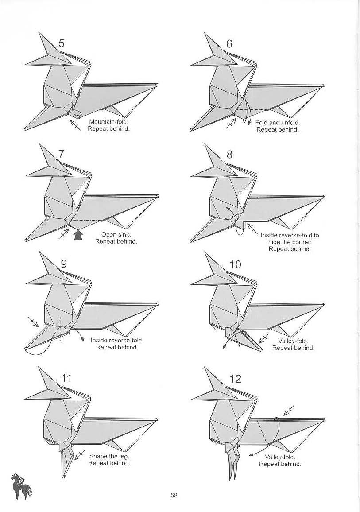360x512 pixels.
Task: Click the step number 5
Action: pyautogui.click(x=62, y=43)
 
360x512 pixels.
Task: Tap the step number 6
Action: pyautogui.click(x=229, y=43)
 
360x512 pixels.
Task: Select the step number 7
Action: pyautogui.click(x=62, y=154)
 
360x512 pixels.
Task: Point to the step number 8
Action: pyautogui.click(x=229, y=154)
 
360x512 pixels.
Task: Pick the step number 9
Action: pyautogui.click(x=63, y=264)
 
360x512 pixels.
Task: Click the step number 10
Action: pyautogui.click(x=235, y=264)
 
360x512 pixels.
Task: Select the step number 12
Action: pyautogui.click(x=236, y=379)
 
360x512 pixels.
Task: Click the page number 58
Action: pyautogui.click(x=174, y=496)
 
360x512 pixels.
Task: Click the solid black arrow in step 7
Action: pyautogui.click(x=78, y=236)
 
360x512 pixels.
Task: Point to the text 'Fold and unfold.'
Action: pyautogui.click(x=278, y=122)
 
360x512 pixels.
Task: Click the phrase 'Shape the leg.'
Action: pyautogui.click(x=109, y=456)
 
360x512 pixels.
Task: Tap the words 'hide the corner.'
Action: pyautogui.click(x=290, y=242)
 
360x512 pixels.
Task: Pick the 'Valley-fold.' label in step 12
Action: pyautogui.click(x=280, y=457)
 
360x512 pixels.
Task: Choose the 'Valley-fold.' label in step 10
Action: pyautogui.click(x=293, y=341)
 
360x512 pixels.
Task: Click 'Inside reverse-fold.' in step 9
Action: pyautogui.click(x=117, y=340)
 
